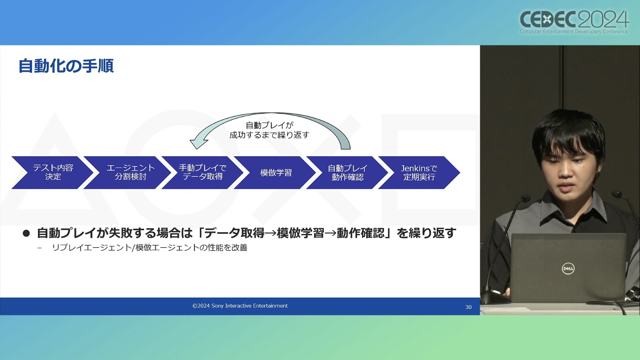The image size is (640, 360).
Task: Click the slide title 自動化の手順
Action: pyautogui.click(x=66, y=66)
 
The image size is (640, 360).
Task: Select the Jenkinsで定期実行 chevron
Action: pyautogui.click(x=419, y=172)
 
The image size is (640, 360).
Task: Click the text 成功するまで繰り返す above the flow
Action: pyautogui.click(x=269, y=135)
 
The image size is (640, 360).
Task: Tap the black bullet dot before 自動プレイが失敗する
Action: pyautogui.click(x=26, y=233)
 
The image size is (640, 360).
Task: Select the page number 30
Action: pyautogui.click(x=468, y=307)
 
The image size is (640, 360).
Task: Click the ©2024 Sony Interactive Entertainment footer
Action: pyautogui.click(x=240, y=306)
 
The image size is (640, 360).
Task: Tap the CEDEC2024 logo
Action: pyautogui.click(x=574, y=22)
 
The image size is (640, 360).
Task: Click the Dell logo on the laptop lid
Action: pyautogui.click(x=568, y=268)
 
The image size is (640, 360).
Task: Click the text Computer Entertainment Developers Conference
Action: pyautogui.click(x=574, y=32)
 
